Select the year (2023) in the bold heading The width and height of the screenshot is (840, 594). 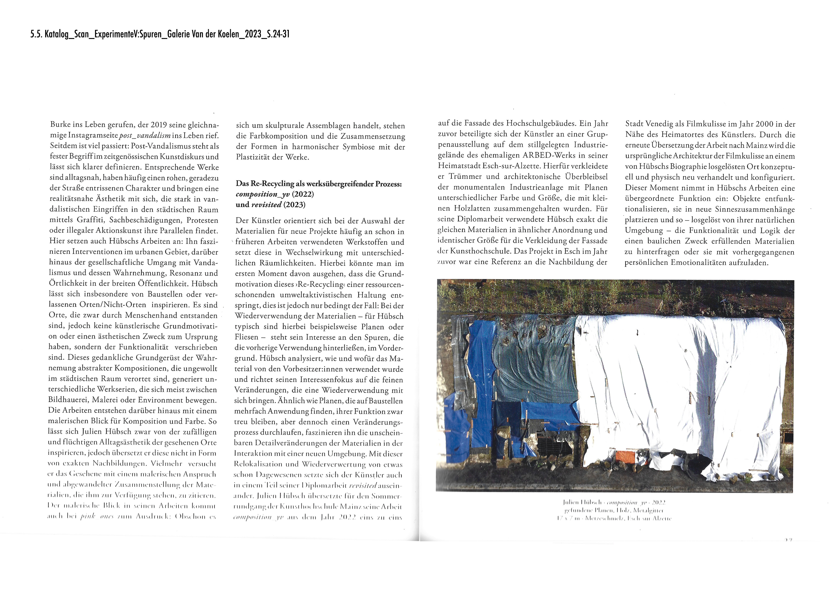[x=294, y=205]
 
